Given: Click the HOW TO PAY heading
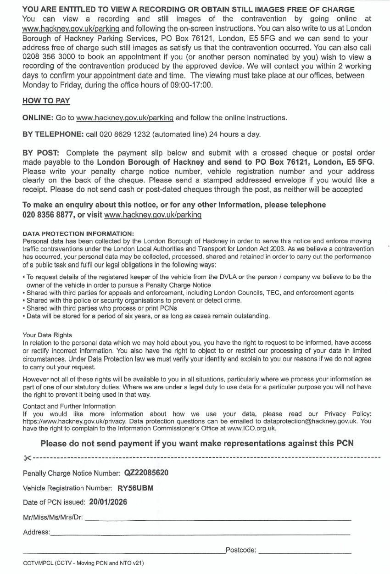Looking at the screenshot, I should point(46,101).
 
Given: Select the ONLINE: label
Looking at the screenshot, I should point(38,118).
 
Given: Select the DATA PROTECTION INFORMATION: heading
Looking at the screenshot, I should point(78,234).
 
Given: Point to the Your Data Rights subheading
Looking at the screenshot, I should point(47,335).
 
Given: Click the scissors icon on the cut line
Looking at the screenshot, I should point(27,458).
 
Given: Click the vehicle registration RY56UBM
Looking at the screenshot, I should point(135,488).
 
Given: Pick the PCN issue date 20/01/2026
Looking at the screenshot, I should point(108,502).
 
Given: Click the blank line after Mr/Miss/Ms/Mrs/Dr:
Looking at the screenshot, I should point(218,519).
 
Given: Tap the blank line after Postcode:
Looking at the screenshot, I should point(305,551).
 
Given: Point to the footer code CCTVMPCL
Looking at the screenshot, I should point(38,563).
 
